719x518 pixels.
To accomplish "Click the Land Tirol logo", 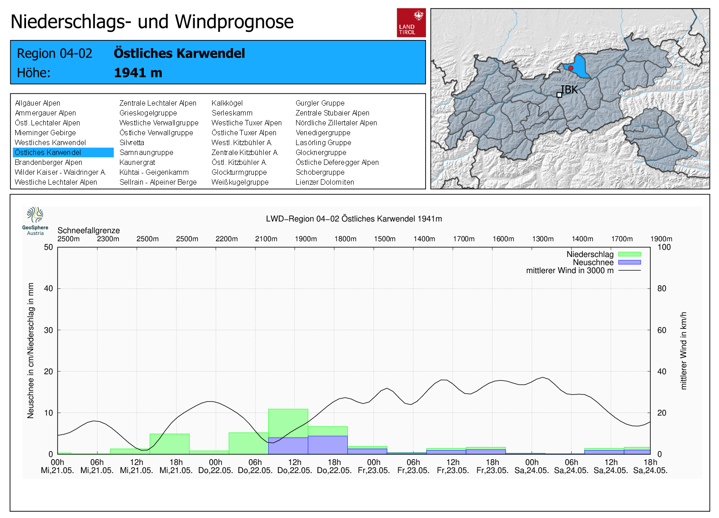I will click(411, 22).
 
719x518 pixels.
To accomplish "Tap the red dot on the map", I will click(571, 68).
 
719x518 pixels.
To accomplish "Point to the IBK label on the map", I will click(569, 90).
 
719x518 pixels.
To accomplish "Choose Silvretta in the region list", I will click(132, 143).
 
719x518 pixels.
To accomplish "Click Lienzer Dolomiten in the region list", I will click(324, 182).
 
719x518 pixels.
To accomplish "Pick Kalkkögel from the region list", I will click(227, 103).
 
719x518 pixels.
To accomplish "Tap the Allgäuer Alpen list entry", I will click(37, 103).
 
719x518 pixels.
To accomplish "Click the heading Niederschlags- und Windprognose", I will click(152, 22).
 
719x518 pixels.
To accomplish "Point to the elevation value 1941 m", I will click(138, 73).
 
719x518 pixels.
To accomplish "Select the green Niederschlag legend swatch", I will click(629, 254).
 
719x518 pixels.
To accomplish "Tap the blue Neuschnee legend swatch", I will click(629, 262).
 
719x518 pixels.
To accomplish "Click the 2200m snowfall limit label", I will click(226, 239).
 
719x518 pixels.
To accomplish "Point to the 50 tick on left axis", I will click(49, 247).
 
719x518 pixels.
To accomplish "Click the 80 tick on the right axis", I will click(661, 288).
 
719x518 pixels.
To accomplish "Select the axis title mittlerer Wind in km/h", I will click(683, 350).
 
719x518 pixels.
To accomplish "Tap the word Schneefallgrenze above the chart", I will click(89, 230).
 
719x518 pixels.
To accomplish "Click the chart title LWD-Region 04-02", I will click(354, 219).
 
